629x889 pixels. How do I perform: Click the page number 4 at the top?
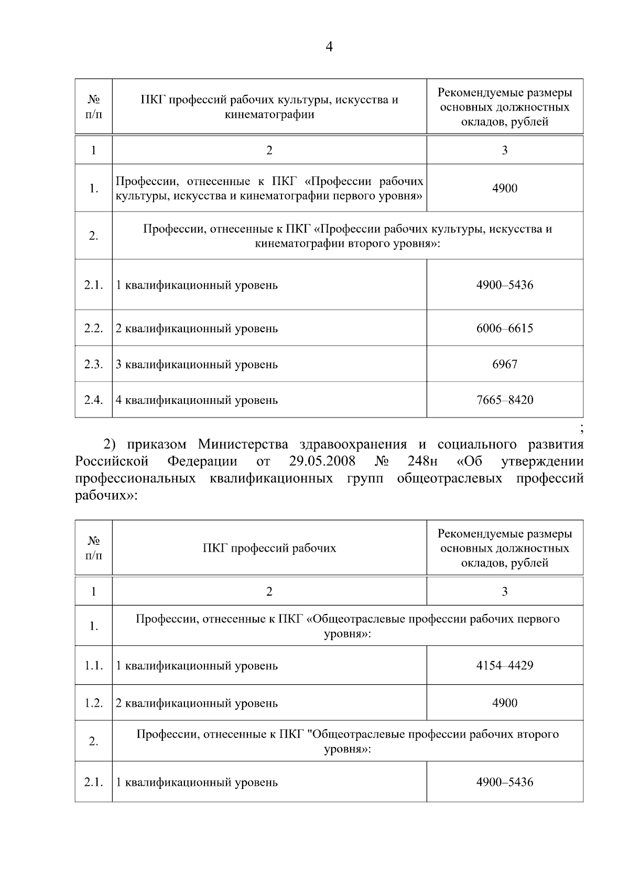tap(329, 47)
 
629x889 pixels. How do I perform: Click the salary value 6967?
tap(504, 364)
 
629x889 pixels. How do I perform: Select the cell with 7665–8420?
tap(504, 400)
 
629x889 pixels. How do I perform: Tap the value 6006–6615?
tap(504, 328)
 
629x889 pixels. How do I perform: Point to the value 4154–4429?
tap(504, 666)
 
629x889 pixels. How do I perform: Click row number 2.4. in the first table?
tap(93, 400)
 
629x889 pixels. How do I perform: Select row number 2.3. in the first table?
tap(93, 364)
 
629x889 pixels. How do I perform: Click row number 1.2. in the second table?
tap(93, 703)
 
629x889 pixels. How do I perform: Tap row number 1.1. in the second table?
tap(93, 666)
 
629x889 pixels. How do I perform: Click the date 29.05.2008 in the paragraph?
tap(322, 462)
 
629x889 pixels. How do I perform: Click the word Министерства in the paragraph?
tap(243, 445)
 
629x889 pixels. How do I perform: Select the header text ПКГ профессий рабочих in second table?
tap(269, 548)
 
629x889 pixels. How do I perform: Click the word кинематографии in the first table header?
tap(269, 114)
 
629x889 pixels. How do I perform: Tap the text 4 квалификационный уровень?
tap(197, 400)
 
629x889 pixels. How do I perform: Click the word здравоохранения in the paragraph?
tap(353, 445)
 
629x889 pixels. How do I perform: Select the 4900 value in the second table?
tap(504, 703)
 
